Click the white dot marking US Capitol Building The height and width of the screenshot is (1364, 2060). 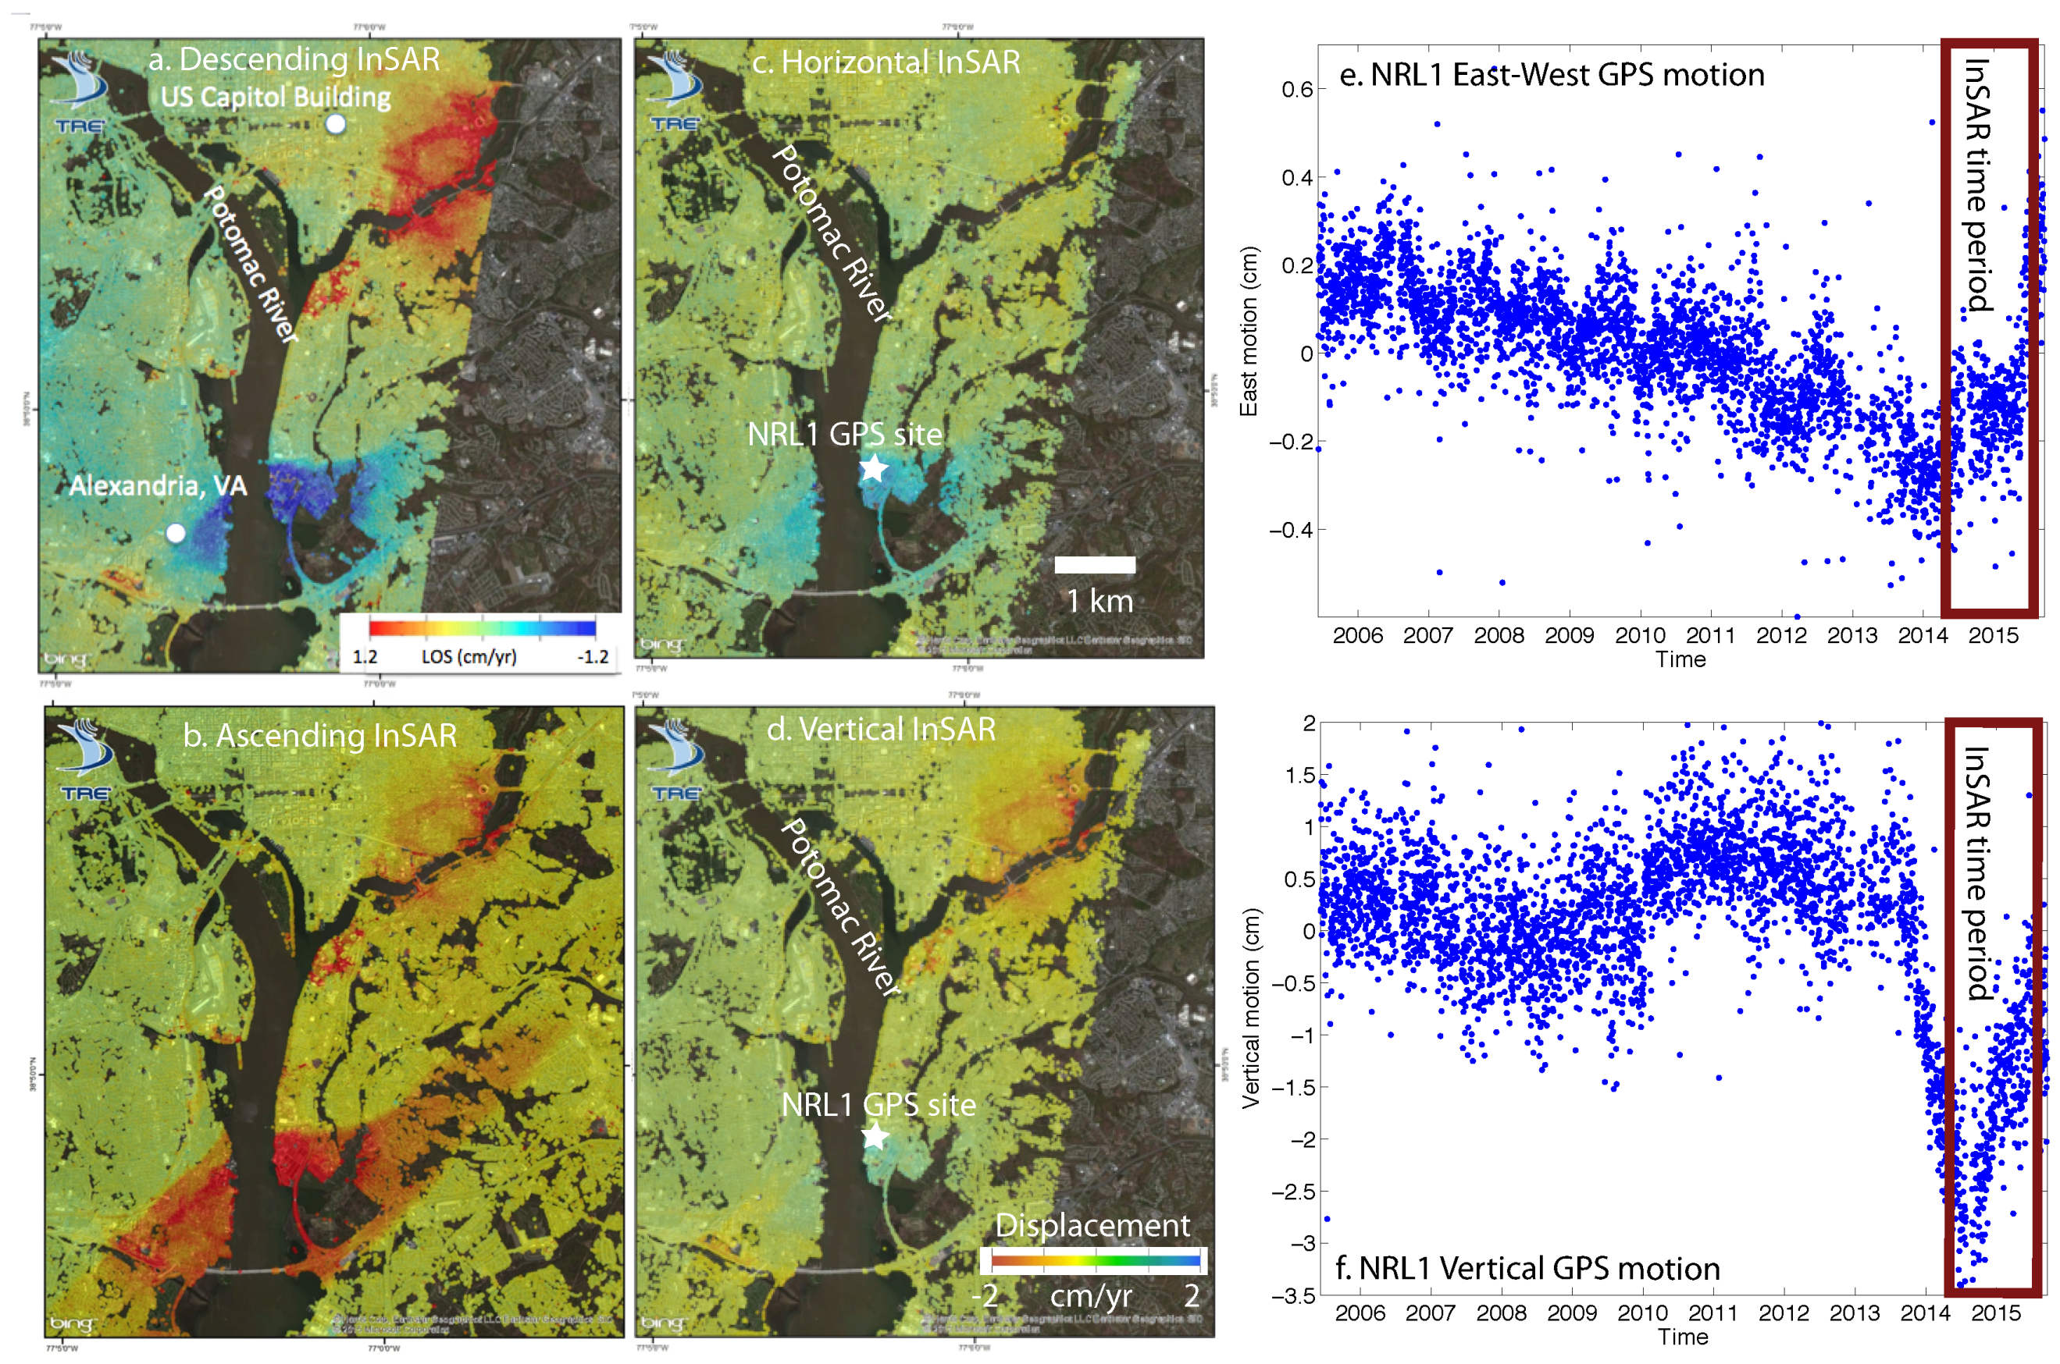tap(335, 123)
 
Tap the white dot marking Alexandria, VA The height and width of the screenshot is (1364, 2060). tap(176, 533)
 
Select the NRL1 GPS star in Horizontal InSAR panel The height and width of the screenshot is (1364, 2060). tap(873, 469)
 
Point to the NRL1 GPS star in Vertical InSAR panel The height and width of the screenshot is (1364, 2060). tap(875, 1135)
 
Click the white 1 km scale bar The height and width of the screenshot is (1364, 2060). tap(1094, 565)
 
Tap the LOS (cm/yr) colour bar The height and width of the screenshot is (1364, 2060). tap(482, 628)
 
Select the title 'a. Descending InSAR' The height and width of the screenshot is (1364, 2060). tap(294, 59)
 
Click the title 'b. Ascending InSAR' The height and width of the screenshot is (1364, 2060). tap(319, 735)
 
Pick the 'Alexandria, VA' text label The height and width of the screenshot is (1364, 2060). tap(158, 485)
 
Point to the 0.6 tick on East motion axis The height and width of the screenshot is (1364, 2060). tap(1297, 90)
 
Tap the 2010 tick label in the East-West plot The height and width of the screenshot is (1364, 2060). tap(1640, 635)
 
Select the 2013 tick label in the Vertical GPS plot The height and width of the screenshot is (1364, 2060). tap(1854, 1312)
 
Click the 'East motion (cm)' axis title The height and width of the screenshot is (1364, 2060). tap(1249, 332)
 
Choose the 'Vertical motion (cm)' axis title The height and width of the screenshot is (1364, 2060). tap(1251, 1008)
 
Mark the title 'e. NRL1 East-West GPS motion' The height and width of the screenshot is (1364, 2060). tap(1552, 75)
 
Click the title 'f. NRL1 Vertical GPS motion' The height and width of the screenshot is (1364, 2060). tap(1527, 1268)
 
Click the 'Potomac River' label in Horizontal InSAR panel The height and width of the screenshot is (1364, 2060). tap(832, 233)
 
